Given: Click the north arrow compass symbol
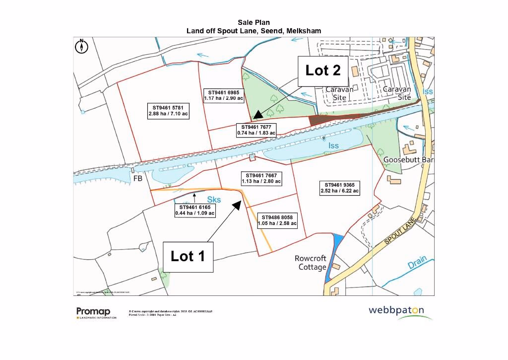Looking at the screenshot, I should (81, 46).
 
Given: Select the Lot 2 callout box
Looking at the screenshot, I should (323, 71).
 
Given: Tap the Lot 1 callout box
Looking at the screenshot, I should (188, 256).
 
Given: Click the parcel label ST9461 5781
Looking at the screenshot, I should (168, 110).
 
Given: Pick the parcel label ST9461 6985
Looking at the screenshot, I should (223, 95).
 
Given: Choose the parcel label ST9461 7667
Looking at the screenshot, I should (261, 178).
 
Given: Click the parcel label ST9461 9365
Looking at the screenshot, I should (340, 187).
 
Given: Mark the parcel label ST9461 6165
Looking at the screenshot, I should (194, 210).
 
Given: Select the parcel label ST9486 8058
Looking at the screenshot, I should (277, 220).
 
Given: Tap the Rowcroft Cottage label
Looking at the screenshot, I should (311, 263).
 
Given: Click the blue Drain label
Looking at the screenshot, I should (417, 264).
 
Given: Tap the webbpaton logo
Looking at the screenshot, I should (396, 310).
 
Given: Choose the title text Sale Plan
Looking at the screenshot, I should (254, 23).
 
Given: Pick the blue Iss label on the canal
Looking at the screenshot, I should (333, 145).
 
